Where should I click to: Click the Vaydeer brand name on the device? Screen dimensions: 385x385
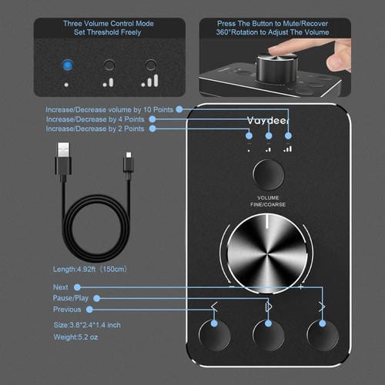(x=269, y=119)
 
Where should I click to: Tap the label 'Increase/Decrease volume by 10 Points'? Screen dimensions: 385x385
(x=109, y=109)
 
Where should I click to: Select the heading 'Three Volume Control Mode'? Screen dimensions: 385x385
(x=108, y=24)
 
